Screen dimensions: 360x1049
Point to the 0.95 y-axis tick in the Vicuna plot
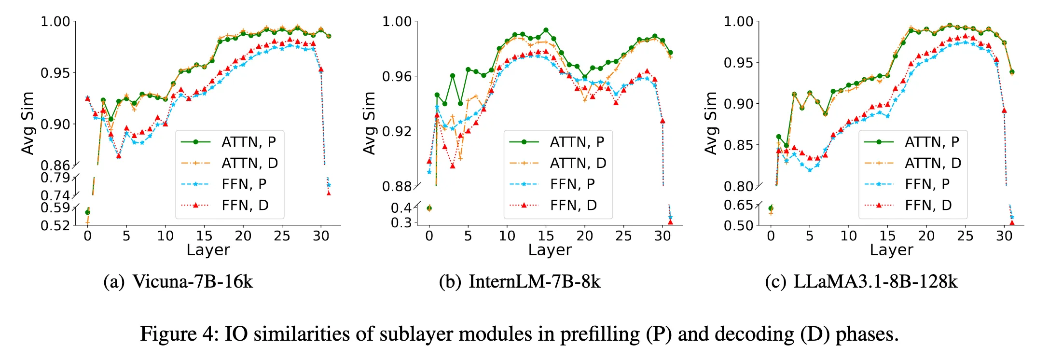click(x=55, y=73)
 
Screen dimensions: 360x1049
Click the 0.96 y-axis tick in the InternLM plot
click(x=397, y=76)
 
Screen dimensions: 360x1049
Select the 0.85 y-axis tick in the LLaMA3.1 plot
click(x=739, y=145)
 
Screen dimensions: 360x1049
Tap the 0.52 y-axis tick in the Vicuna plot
click(x=55, y=225)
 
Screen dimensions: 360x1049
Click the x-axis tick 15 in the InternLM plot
click(x=546, y=236)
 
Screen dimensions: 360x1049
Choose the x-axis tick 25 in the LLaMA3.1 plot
click(x=965, y=236)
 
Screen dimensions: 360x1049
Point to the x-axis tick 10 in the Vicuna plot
click(x=165, y=236)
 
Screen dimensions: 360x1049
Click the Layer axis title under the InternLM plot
click(x=550, y=250)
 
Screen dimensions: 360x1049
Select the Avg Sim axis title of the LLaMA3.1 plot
click(x=710, y=124)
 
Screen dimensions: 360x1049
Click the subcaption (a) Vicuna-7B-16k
click(x=178, y=282)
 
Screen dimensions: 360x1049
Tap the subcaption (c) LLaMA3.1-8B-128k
click(x=861, y=282)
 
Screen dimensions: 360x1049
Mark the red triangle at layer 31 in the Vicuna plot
click(x=329, y=193)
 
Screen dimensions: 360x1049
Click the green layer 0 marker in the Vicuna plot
click(x=87, y=212)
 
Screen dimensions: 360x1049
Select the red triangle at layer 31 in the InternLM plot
click(x=670, y=222)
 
